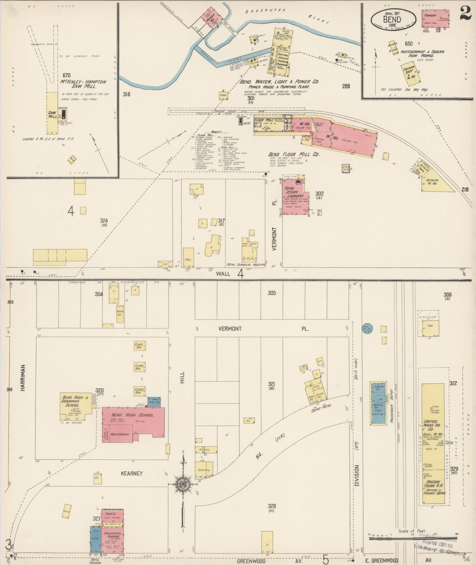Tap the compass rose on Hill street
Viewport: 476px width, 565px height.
pos(182,484)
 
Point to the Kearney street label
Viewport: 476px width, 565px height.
pos(132,473)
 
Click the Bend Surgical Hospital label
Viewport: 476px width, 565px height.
pos(246,265)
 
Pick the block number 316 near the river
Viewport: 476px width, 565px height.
pos(126,94)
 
